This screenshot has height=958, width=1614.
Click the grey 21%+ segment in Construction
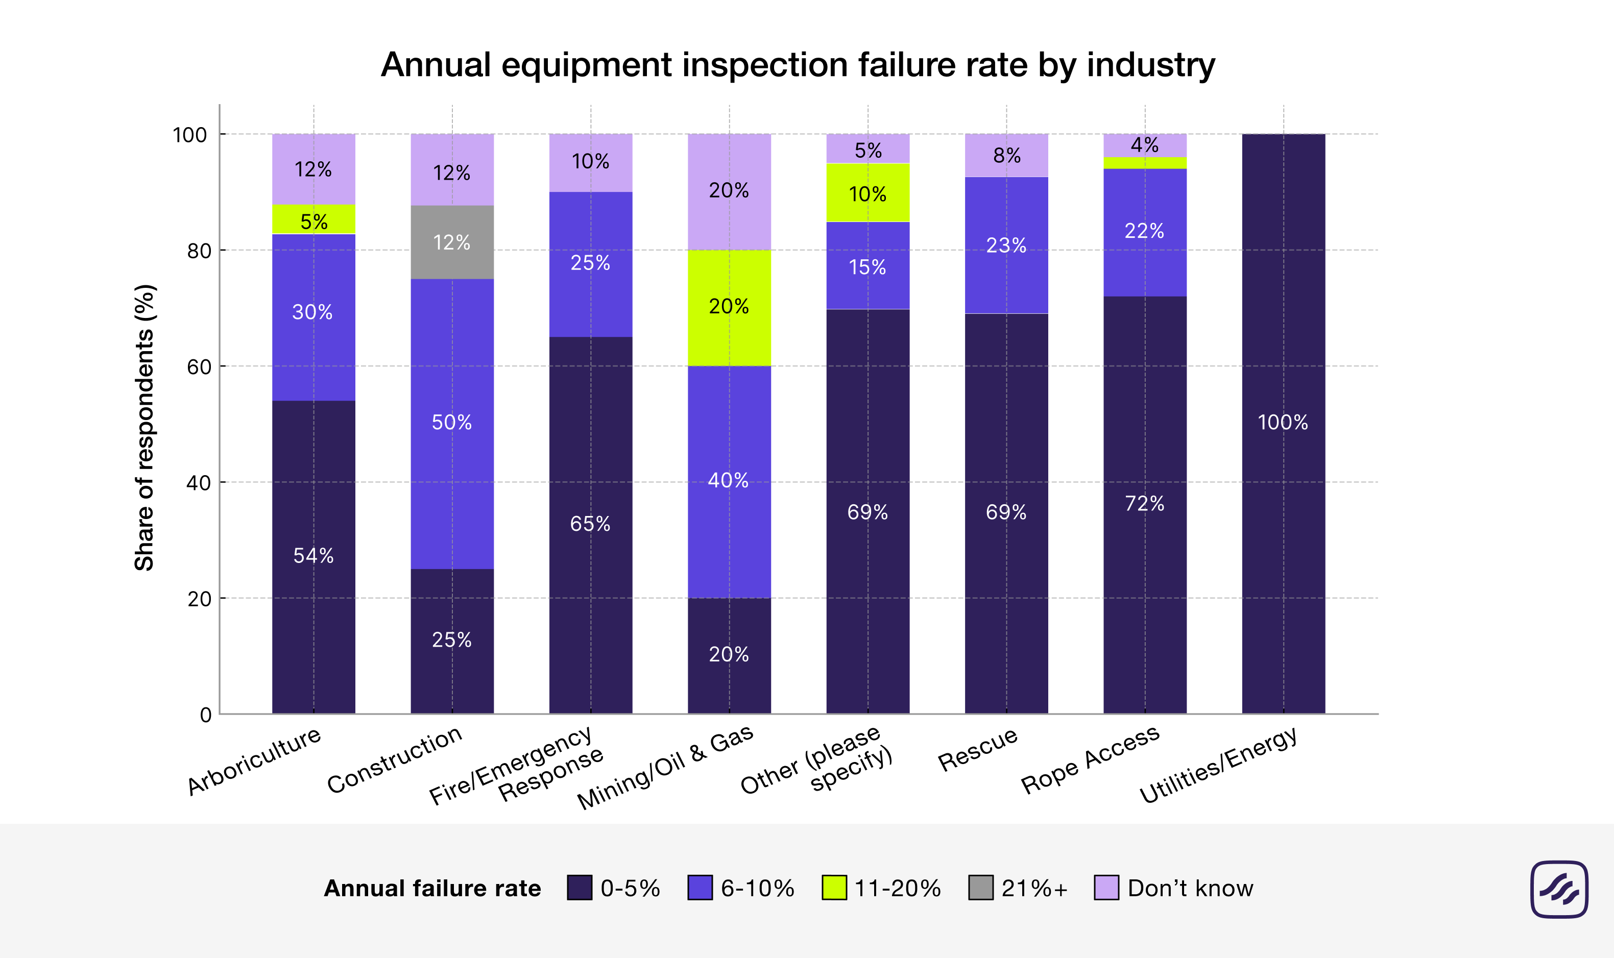coord(452,242)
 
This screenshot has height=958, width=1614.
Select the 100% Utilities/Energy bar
coord(1283,423)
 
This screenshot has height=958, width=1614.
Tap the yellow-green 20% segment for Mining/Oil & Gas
coord(729,307)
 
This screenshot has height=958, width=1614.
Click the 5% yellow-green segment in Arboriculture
coord(313,219)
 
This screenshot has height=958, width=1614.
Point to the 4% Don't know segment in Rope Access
coord(1145,145)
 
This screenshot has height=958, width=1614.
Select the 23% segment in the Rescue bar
coord(1006,245)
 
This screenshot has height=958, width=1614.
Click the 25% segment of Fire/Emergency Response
coord(590,263)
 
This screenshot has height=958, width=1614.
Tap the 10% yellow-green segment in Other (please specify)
coord(868,193)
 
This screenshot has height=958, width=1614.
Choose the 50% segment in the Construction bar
coord(452,423)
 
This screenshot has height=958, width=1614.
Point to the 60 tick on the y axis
coord(199,366)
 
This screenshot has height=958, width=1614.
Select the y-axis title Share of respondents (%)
coord(144,427)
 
